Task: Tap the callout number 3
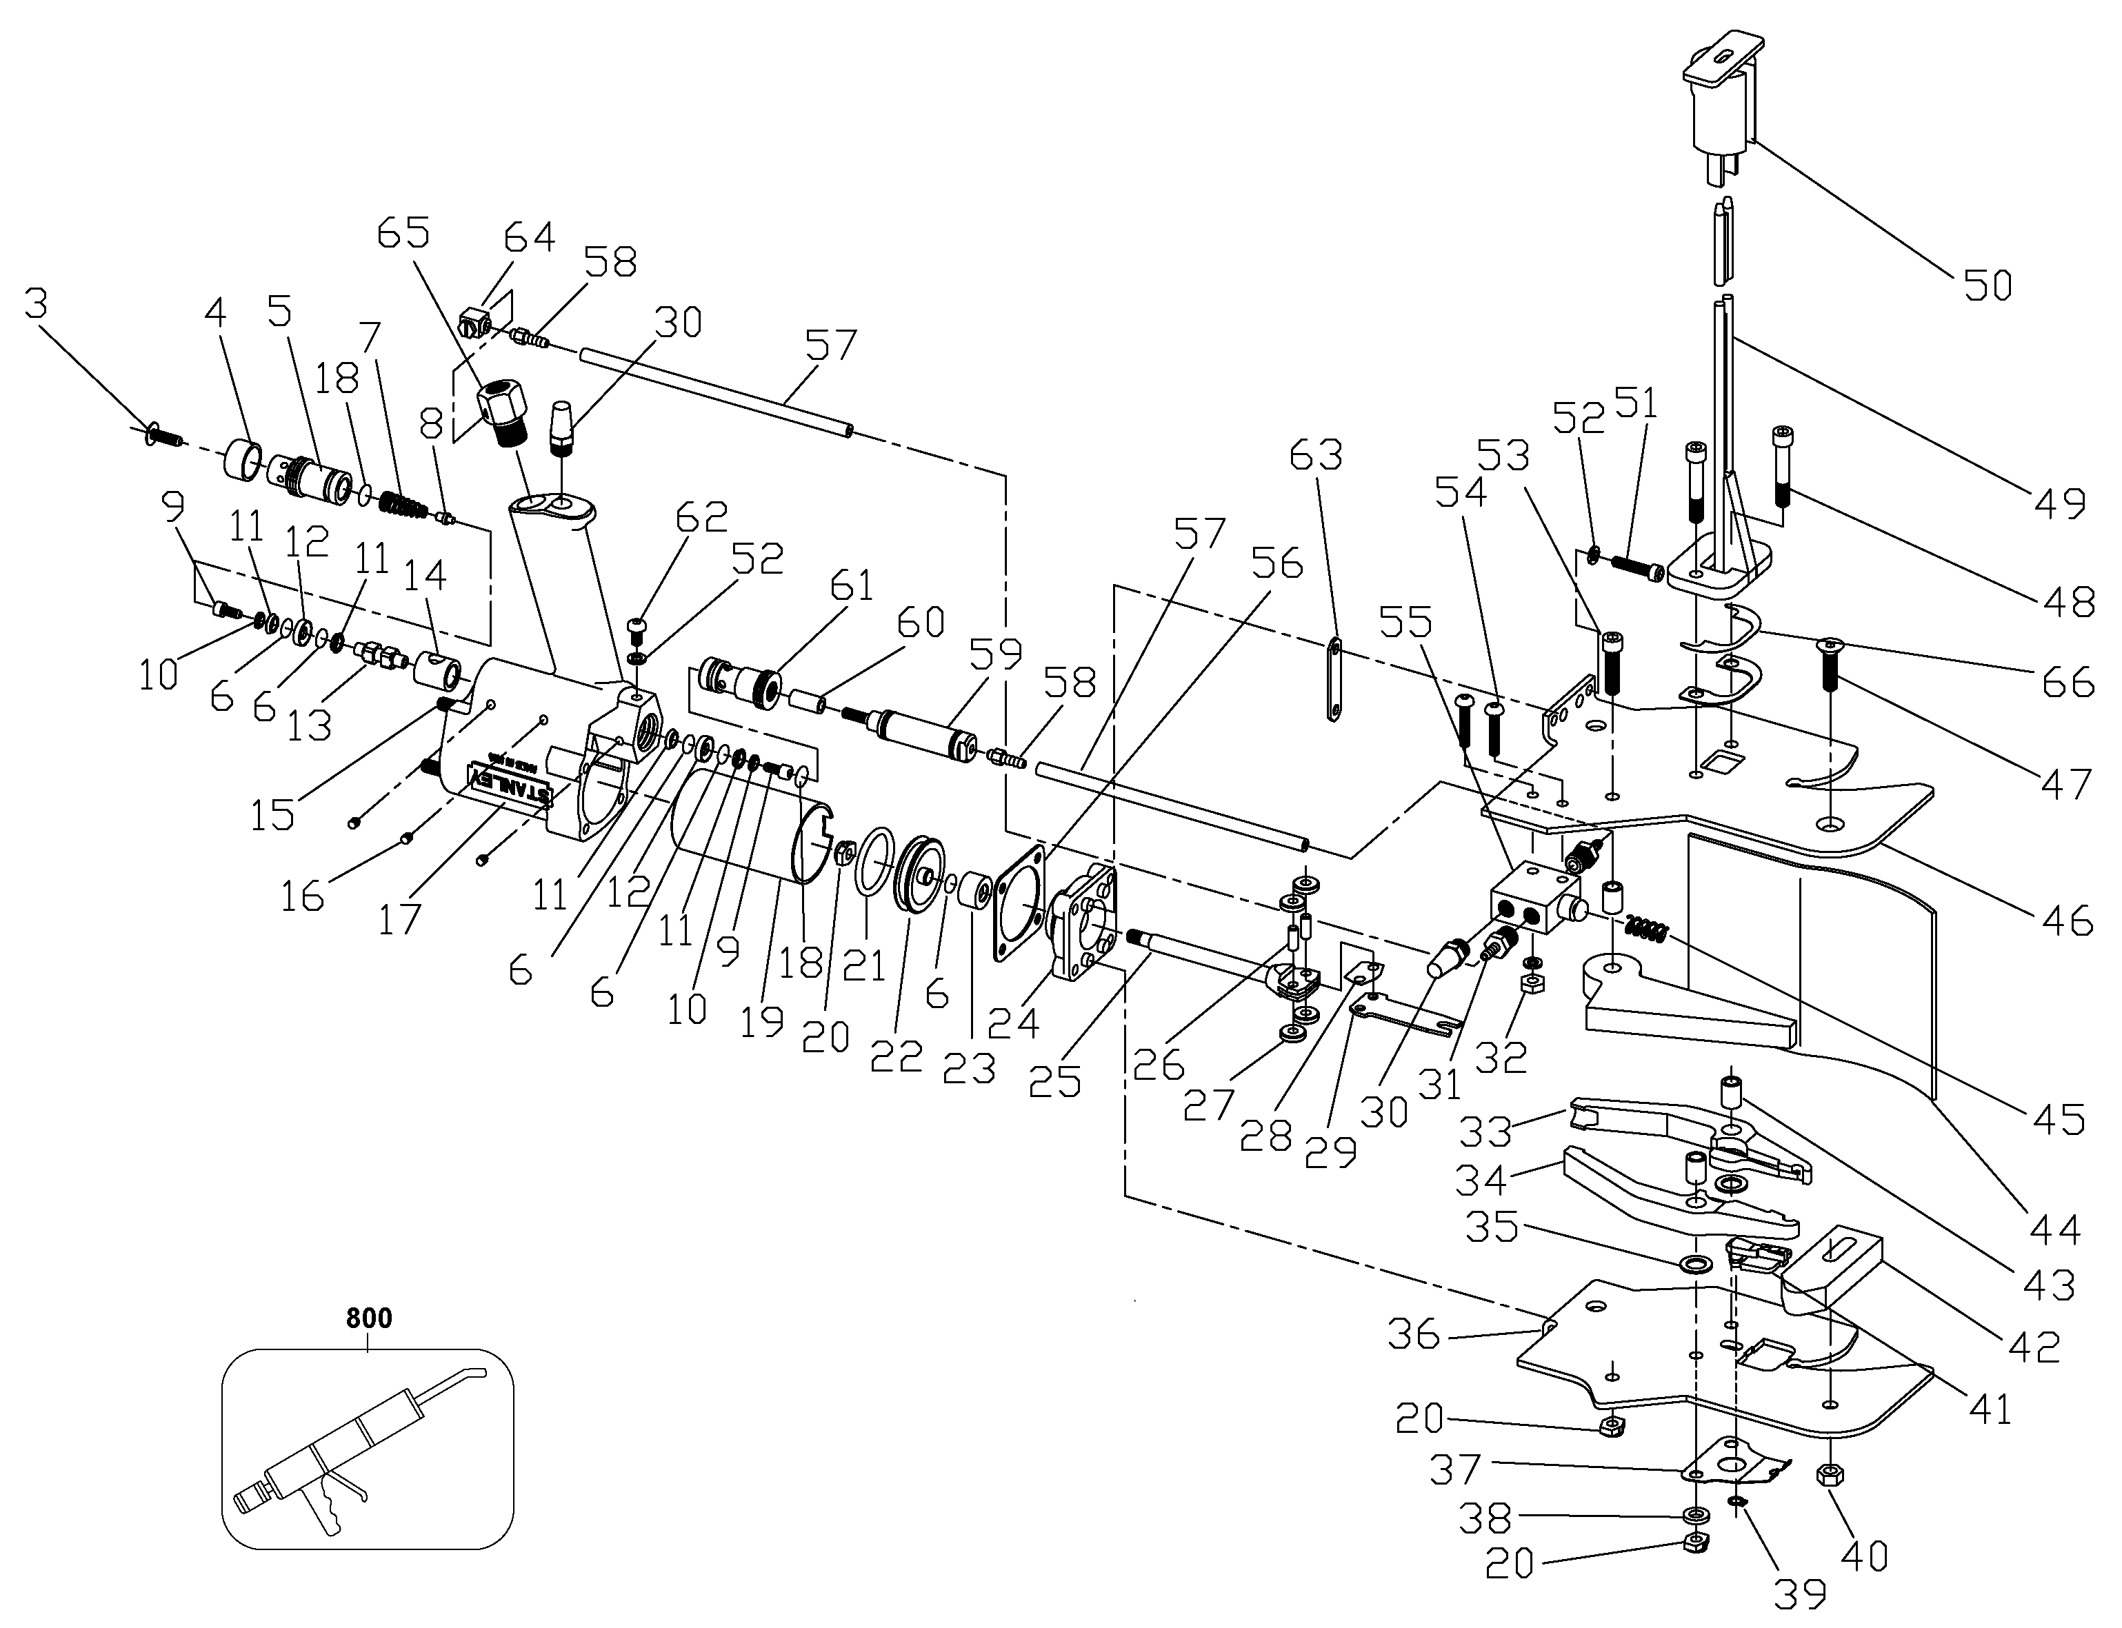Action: pos(35,303)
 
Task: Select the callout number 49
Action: pos(2059,501)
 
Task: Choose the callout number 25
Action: pos(1055,1081)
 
